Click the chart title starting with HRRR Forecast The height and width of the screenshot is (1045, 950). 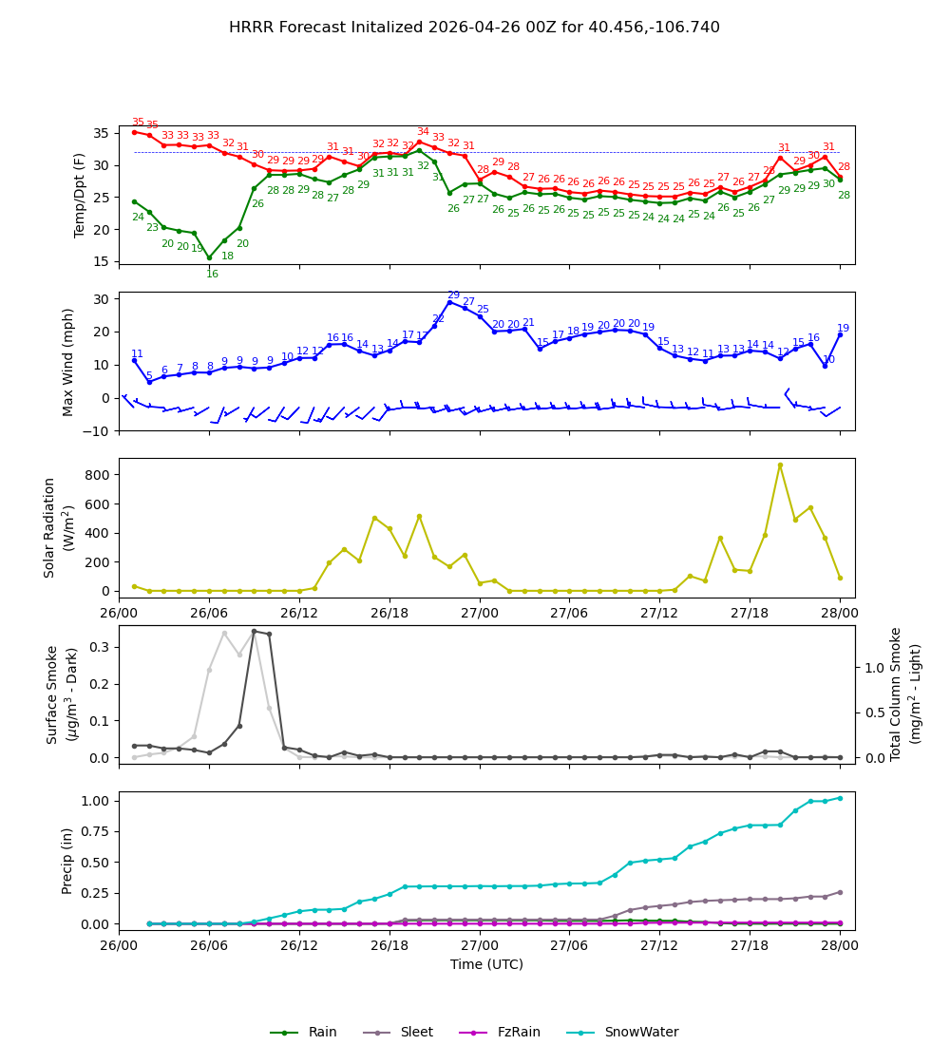point(474,28)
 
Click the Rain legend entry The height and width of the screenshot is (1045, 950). point(303,1032)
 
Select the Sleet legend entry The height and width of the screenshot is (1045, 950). point(398,1032)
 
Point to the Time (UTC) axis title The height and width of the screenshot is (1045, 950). point(486,964)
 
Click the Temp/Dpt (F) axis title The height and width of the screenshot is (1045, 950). point(80,195)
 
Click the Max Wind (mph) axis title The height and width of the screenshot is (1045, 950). point(68,361)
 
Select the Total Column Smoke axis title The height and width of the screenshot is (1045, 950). point(896,693)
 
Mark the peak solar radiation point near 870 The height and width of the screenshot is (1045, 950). point(780,465)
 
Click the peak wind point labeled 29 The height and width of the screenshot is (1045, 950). point(449,302)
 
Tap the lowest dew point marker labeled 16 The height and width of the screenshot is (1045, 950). point(209,257)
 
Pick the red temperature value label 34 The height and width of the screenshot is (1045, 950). point(423,132)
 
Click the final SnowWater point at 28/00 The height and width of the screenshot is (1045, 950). point(840,798)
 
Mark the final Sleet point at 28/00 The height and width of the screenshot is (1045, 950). point(840,892)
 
